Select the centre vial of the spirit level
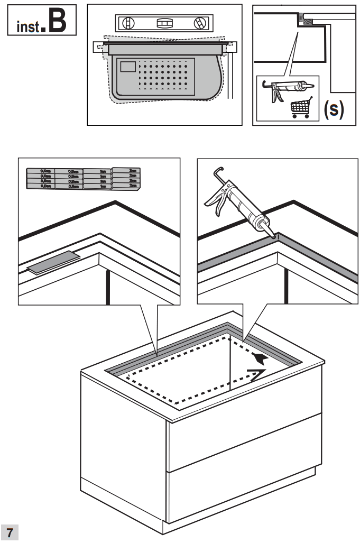pos(163,23)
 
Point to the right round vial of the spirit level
pos(199,23)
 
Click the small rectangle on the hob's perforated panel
pos(128,66)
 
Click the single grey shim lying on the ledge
pos(53,262)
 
